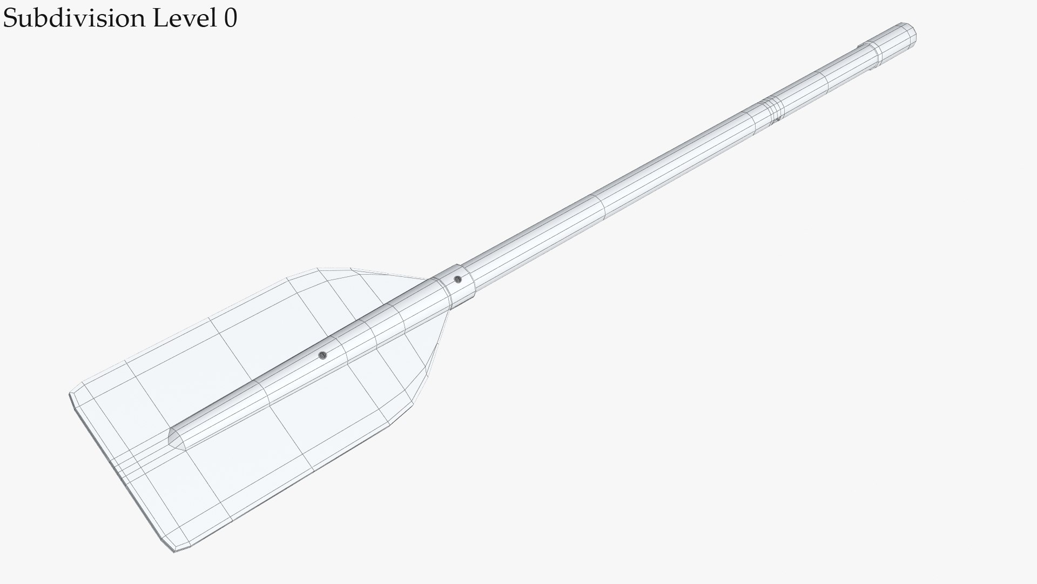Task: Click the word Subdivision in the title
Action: pos(75,18)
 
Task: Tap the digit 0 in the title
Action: pos(230,18)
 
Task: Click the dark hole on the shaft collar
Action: pos(457,280)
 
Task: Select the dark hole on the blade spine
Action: pos(322,355)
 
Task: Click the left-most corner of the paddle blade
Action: pos(71,395)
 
